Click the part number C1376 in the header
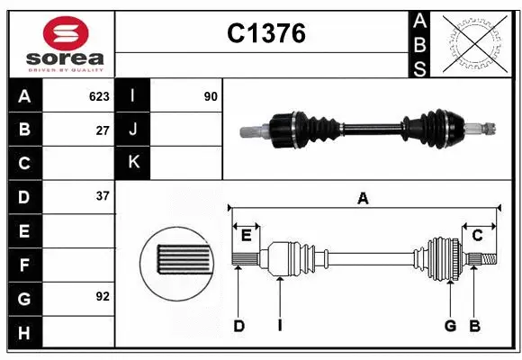265,34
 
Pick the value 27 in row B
103,130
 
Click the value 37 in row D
103,195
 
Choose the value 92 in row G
103,295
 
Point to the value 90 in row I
211,96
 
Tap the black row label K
133,163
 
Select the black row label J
133,130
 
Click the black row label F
24,265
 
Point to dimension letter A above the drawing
364,199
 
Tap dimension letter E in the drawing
246,236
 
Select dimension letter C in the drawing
478,236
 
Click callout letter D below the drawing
238,326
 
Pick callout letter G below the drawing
449,326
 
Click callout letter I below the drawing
280,326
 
